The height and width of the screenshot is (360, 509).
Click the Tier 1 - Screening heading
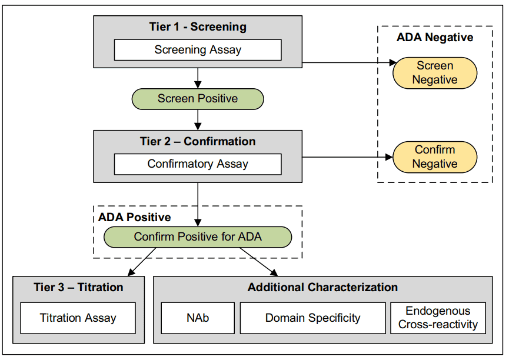click(x=198, y=27)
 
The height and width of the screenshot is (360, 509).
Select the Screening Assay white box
click(x=198, y=50)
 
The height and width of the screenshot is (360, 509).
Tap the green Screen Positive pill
click(x=198, y=99)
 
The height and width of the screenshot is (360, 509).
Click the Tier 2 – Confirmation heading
click(x=198, y=142)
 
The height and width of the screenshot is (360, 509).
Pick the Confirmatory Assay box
click(x=198, y=164)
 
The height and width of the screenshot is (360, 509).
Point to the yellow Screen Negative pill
click(x=434, y=73)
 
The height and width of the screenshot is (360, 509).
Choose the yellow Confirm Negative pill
click(x=434, y=156)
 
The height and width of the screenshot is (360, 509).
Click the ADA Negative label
click(x=434, y=38)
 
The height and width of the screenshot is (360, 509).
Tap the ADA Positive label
click(x=134, y=217)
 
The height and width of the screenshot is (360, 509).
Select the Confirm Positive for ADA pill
click(x=198, y=237)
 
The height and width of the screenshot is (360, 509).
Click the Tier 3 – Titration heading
click(x=78, y=288)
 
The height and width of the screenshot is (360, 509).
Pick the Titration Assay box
click(x=78, y=318)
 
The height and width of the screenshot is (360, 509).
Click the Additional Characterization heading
click(x=322, y=288)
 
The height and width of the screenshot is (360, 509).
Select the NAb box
click(x=197, y=318)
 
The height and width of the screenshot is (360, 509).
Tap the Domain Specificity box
click(x=312, y=318)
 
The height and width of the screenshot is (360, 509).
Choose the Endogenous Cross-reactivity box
click(x=438, y=318)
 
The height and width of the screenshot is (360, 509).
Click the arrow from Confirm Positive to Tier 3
click(x=142, y=262)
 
